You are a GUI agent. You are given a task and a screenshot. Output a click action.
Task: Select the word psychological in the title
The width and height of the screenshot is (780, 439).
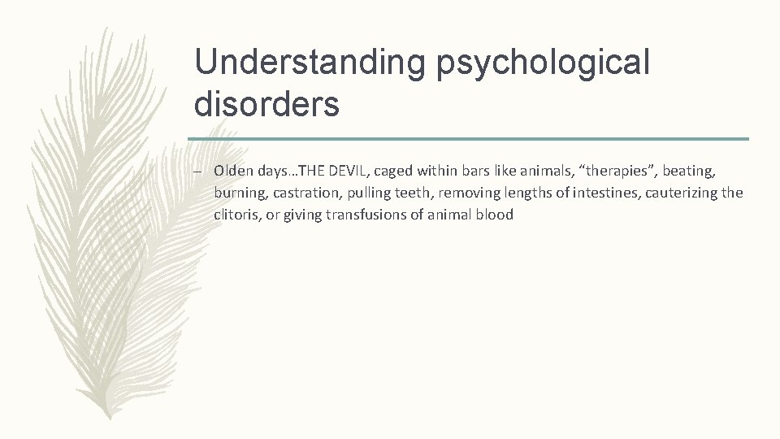(544, 63)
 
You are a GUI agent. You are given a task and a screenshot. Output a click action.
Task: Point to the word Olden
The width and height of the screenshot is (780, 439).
(232, 171)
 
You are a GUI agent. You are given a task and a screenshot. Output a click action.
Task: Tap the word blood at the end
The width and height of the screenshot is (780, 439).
(496, 215)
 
